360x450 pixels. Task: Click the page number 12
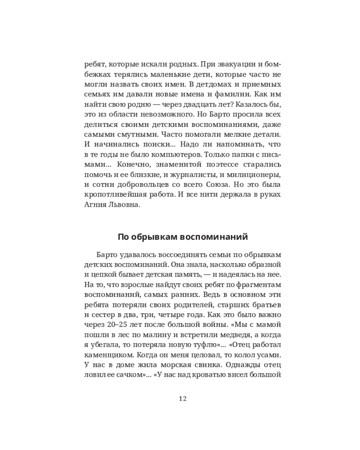tap(182, 398)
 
